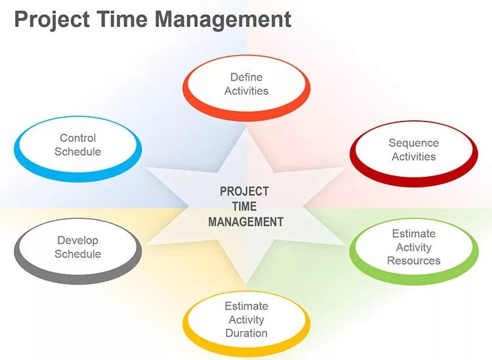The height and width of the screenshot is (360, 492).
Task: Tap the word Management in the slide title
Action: tap(223, 20)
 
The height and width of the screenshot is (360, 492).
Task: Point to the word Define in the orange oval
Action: tap(246, 78)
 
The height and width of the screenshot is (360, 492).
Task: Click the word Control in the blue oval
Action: tap(78, 138)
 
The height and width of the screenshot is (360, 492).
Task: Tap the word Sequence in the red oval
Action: tap(414, 143)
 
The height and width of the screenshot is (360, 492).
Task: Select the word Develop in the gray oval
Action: tap(78, 240)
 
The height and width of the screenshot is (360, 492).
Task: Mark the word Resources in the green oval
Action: tap(414, 261)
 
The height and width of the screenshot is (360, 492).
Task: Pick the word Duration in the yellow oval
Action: tap(246, 333)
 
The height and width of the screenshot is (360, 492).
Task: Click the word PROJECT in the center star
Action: tap(244, 191)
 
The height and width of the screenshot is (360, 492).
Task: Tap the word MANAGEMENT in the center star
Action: tap(246, 222)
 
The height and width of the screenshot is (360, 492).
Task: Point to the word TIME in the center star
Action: tap(244, 207)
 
